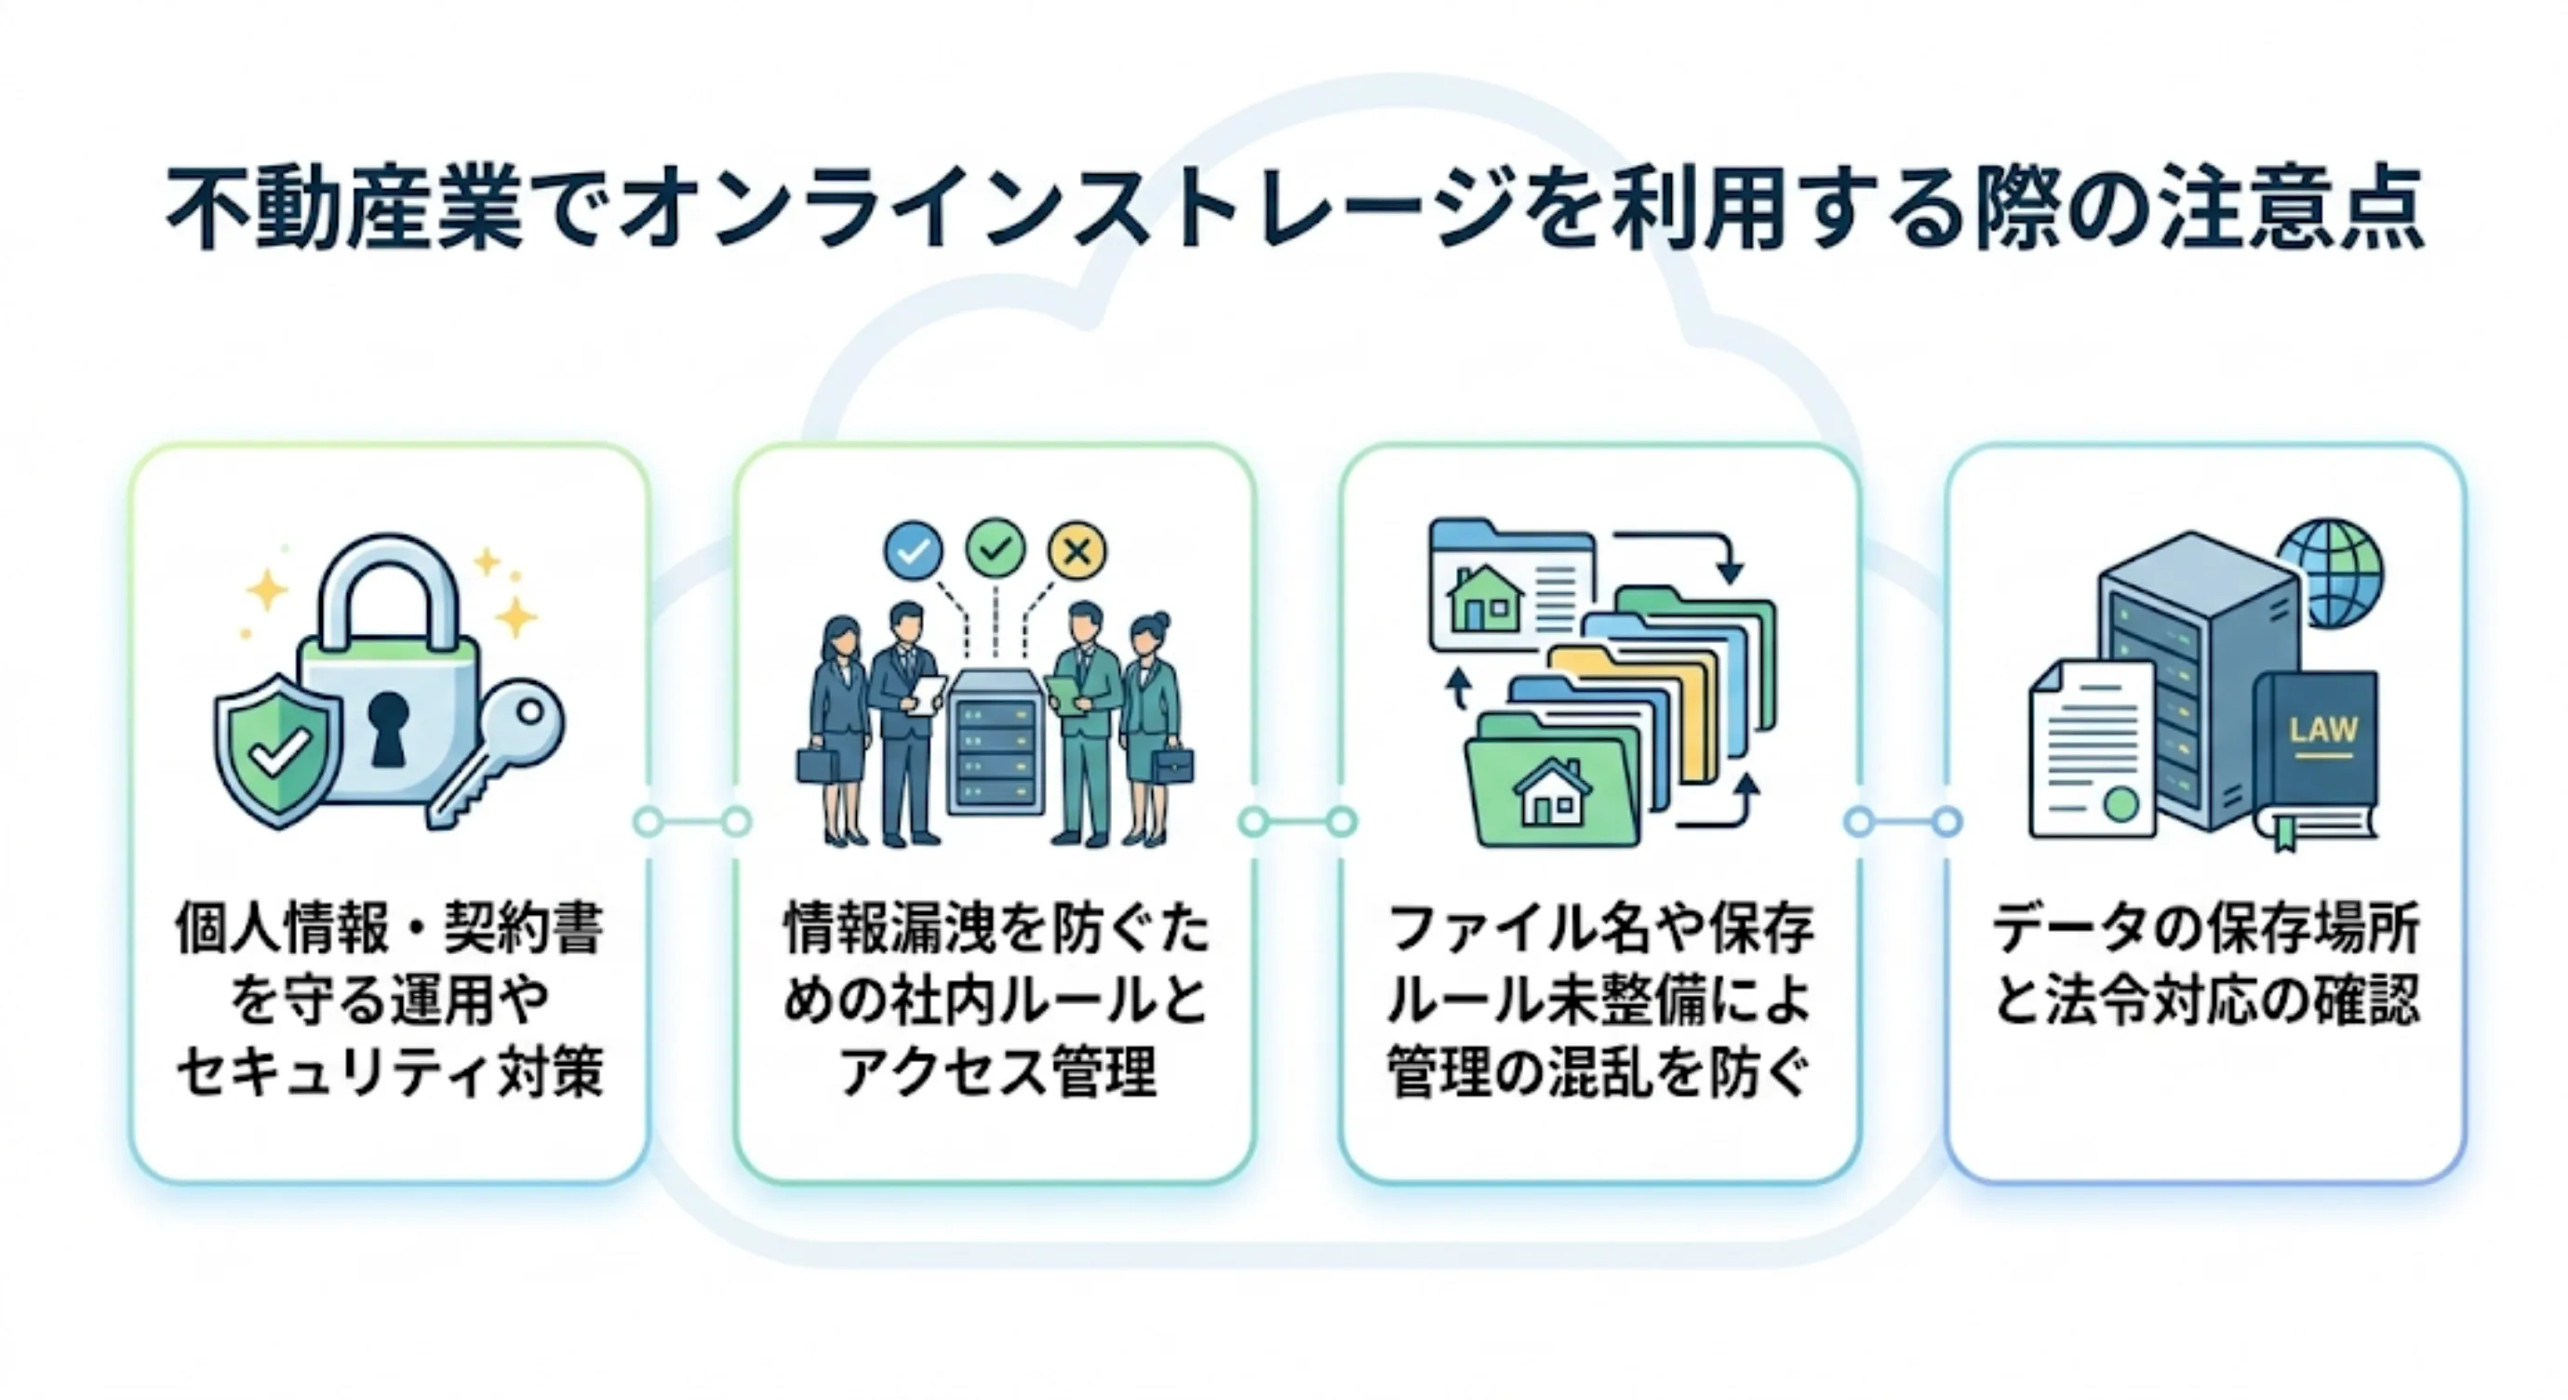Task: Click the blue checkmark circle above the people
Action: [913, 549]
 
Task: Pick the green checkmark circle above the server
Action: [995, 546]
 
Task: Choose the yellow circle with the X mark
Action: [1077, 549]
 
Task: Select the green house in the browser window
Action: [1485, 599]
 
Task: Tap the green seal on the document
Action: [2120, 802]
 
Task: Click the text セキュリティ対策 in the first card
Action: [390, 1075]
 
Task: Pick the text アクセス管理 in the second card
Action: [996, 1075]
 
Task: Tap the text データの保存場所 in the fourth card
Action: [2205, 929]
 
